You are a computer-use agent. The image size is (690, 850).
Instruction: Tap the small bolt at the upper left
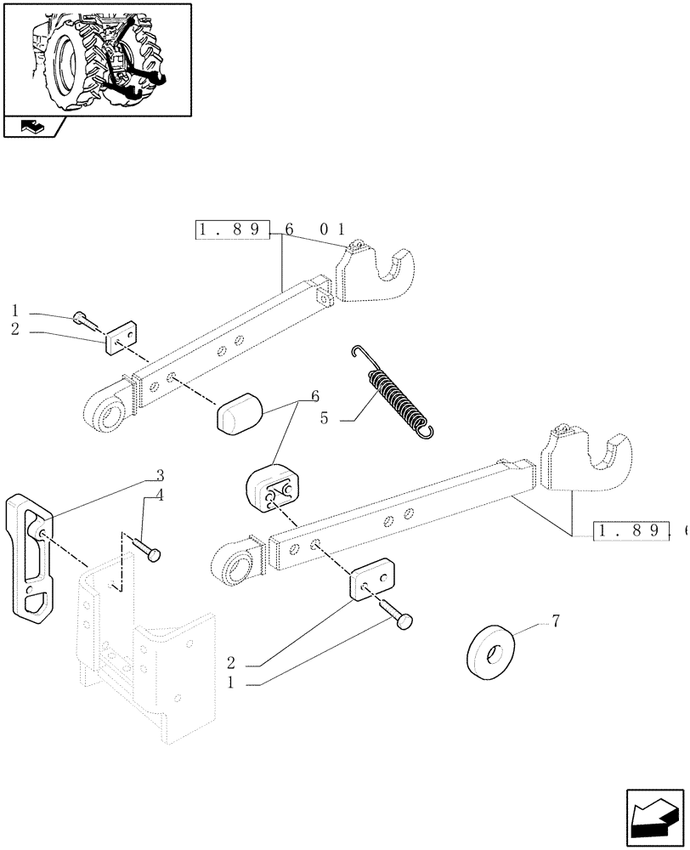[82, 320]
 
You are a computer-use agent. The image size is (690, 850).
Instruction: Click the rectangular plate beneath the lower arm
[371, 580]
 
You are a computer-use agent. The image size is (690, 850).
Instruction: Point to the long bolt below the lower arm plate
[396, 614]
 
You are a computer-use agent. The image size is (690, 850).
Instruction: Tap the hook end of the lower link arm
[588, 463]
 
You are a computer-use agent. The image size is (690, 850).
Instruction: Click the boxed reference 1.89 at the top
[232, 229]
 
